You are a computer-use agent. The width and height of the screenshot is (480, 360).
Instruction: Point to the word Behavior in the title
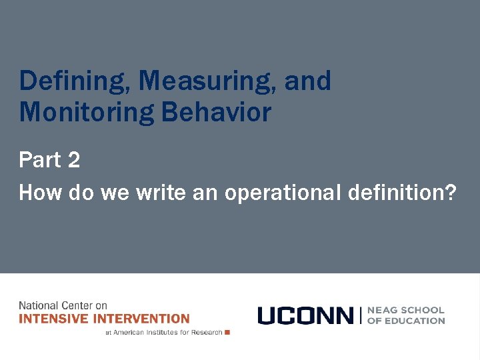[217, 112]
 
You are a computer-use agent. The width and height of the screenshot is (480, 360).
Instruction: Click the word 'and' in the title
[307, 81]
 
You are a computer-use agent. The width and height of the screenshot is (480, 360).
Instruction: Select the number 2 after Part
[73, 160]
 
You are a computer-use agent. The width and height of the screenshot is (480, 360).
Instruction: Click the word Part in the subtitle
[39, 160]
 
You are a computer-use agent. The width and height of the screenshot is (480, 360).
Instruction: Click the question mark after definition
[451, 193]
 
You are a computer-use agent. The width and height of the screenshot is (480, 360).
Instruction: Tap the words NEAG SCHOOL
[406, 310]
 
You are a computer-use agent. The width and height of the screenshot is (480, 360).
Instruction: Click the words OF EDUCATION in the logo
[406, 321]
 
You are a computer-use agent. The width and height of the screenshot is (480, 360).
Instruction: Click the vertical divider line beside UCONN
[361, 315]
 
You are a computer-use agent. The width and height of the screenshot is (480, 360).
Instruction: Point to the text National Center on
[63, 305]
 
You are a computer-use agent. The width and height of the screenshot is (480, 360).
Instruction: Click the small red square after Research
[227, 332]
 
